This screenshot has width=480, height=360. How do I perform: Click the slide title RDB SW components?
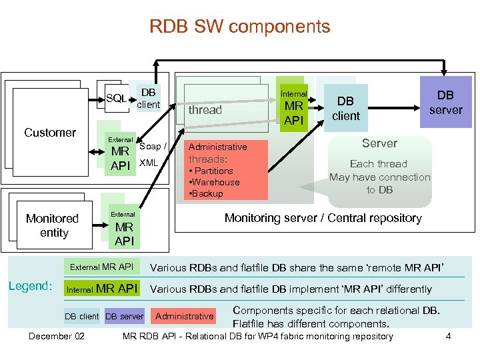coord(239,27)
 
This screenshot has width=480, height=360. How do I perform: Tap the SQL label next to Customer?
coord(117,99)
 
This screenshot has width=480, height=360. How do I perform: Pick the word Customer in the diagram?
coord(50,132)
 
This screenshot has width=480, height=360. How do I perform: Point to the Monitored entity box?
coord(53,225)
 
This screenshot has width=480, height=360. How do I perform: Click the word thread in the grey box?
coord(205,110)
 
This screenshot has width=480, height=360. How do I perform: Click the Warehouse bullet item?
coord(215,182)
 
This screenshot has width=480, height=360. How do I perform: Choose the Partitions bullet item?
coord(211,171)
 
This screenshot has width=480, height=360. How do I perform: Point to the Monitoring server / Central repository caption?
coord(323,218)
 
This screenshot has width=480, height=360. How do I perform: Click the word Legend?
coord(30,286)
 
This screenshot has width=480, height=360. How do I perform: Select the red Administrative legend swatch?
coord(184,316)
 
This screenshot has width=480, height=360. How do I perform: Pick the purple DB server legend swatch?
coord(125,316)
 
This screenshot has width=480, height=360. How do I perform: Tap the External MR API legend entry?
coord(101,267)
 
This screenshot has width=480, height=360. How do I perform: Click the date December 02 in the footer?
coord(57,336)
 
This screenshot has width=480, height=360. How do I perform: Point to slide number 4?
coord(448,336)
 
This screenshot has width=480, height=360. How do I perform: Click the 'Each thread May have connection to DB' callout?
coord(379,177)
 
